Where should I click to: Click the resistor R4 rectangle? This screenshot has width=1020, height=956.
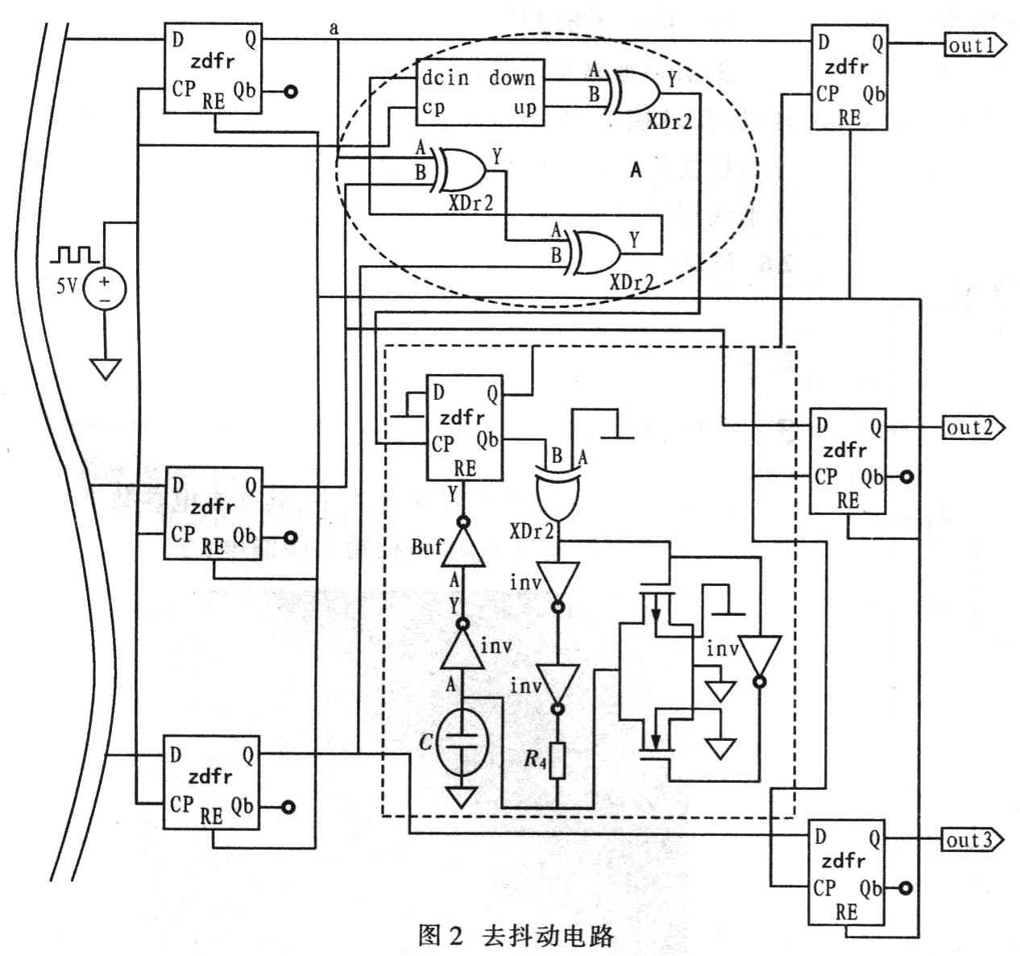coord(557,761)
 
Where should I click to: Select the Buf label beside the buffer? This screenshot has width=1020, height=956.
coord(426,547)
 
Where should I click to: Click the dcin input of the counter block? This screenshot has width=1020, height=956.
coord(445,78)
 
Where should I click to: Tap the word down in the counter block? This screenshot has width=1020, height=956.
coord(512,78)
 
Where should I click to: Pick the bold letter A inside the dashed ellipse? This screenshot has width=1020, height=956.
coord(636,170)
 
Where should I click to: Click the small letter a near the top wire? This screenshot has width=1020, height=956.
coord(334,28)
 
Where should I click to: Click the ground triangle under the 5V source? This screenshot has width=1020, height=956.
coord(105,368)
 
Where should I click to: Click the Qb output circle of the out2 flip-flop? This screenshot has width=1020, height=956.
coord(908,477)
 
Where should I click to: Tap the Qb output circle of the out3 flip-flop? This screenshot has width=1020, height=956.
coord(908,889)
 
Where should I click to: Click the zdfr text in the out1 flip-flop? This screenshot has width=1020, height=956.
coord(846,66)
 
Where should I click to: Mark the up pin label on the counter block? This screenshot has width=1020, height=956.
coord(525,108)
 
